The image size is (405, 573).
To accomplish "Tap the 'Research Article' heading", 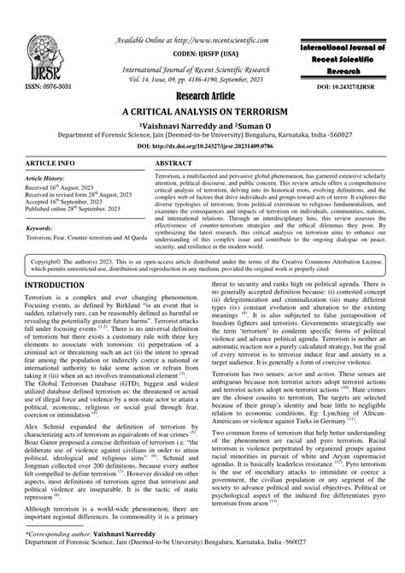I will pos(202,97).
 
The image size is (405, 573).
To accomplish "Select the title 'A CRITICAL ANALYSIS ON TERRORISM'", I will pos(202,112).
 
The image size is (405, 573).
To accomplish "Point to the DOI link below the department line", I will pos(202,145).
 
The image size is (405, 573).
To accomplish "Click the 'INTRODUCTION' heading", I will pos(53,283).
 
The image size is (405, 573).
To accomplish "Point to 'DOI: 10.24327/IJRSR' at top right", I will pos(351,88).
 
